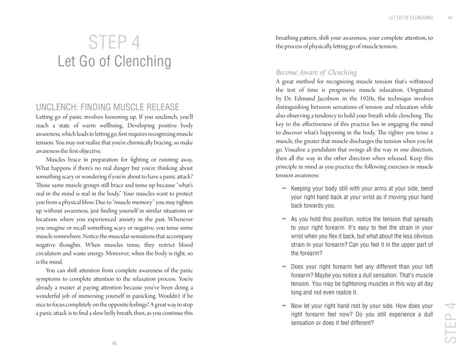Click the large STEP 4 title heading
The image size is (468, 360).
pos(114,43)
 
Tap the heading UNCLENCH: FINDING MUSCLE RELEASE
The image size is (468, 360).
pos(107,107)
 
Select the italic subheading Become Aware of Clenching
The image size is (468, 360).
pos(316,72)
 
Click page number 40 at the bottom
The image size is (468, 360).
pos(114,344)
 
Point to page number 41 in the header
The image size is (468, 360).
pos(450,18)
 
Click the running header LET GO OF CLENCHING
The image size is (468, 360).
pos(410,18)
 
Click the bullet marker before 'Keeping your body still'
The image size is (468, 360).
pos(284,188)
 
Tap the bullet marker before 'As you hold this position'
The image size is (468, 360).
pos(284,218)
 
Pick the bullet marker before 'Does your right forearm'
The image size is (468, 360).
pos(284,266)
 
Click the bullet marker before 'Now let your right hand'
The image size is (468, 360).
pos(284,305)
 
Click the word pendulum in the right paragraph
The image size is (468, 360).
pos(319,150)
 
